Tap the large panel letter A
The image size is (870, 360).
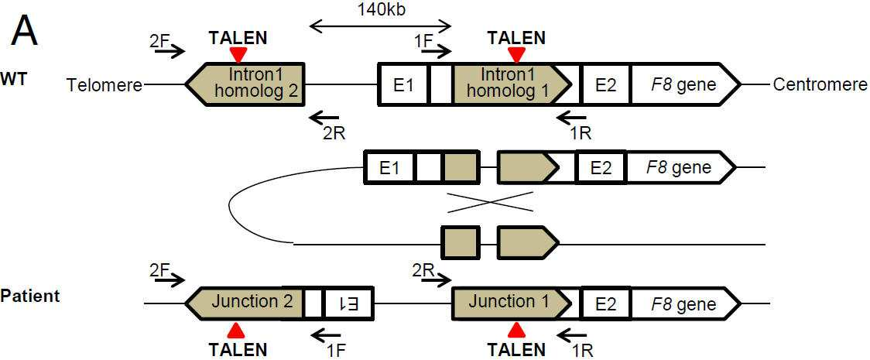coord(25,30)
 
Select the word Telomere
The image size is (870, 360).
coord(104,85)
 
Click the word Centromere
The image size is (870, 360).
coord(820,85)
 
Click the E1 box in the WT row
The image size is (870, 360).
coord(403,84)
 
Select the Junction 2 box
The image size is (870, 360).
coord(245,303)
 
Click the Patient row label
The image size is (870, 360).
coord(30,296)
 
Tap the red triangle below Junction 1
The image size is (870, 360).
coord(516,330)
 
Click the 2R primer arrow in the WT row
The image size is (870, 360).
coord(325,116)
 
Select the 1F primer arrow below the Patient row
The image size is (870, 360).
coord(327,334)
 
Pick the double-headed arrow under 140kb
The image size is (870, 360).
coord(381,25)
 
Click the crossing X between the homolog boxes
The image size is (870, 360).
coord(491,202)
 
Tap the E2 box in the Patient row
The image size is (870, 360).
coord(605,303)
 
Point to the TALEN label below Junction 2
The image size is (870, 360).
coord(238,349)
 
